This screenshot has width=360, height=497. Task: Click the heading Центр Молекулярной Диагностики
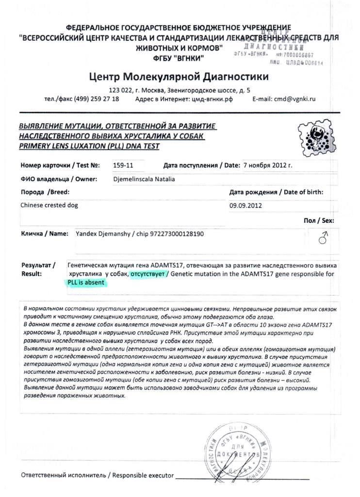[x=179, y=77]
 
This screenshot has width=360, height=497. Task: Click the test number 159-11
[x=123, y=165]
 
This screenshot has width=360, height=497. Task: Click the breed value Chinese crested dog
[x=49, y=205]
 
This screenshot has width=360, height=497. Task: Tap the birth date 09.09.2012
[x=245, y=205]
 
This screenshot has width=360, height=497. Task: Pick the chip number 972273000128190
[x=175, y=233]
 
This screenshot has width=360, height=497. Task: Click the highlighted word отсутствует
[x=146, y=274]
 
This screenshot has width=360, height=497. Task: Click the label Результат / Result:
[x=38, y=270]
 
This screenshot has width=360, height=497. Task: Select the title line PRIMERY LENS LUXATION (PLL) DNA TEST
[x=89, y=146]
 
